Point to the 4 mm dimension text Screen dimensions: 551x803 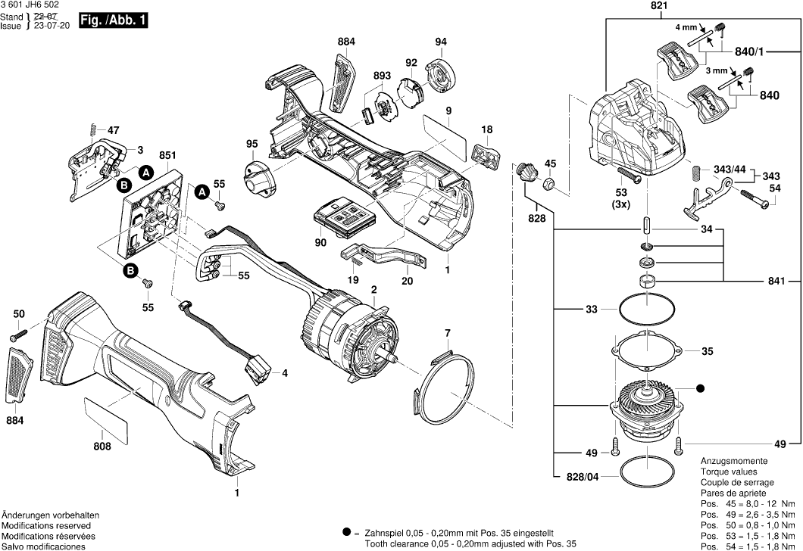pyautogui.click(x=686, y=28)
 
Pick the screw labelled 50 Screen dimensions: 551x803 pyautogui.click(x=17, y=333)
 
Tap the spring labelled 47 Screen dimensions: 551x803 pyautogui.click(x=92, y=129)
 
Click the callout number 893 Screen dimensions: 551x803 pyautogui.click(x=382, y=76)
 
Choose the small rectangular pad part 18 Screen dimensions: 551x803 pyautogui.click(x=486, y=157)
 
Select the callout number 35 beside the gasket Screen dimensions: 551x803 pyautogui.click(x=708, y=351)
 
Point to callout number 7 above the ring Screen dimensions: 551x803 pyautogui.click(x=447, y=334)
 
